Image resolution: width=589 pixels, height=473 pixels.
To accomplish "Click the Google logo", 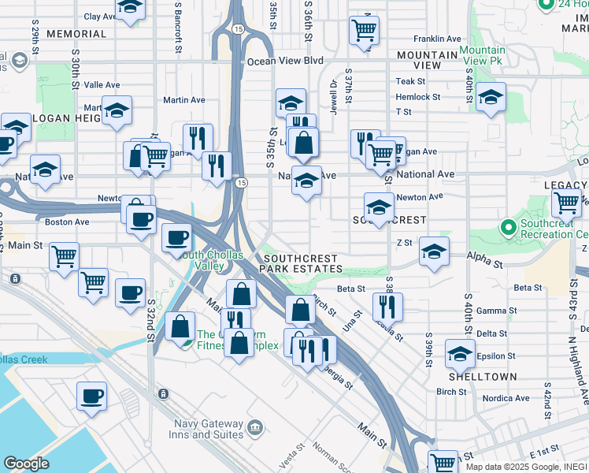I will coord(26,464).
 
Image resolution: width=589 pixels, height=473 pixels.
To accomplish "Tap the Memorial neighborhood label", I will coord(76,34).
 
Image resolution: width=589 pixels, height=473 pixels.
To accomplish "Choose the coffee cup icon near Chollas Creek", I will coord(91,395).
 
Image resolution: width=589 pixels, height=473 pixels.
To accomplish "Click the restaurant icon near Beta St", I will coord(387,305).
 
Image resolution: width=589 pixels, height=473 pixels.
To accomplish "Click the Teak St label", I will coord(410,81).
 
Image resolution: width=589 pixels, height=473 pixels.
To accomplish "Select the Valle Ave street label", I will coord(102,84).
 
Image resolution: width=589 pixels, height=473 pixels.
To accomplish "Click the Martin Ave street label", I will coord(184,100).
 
